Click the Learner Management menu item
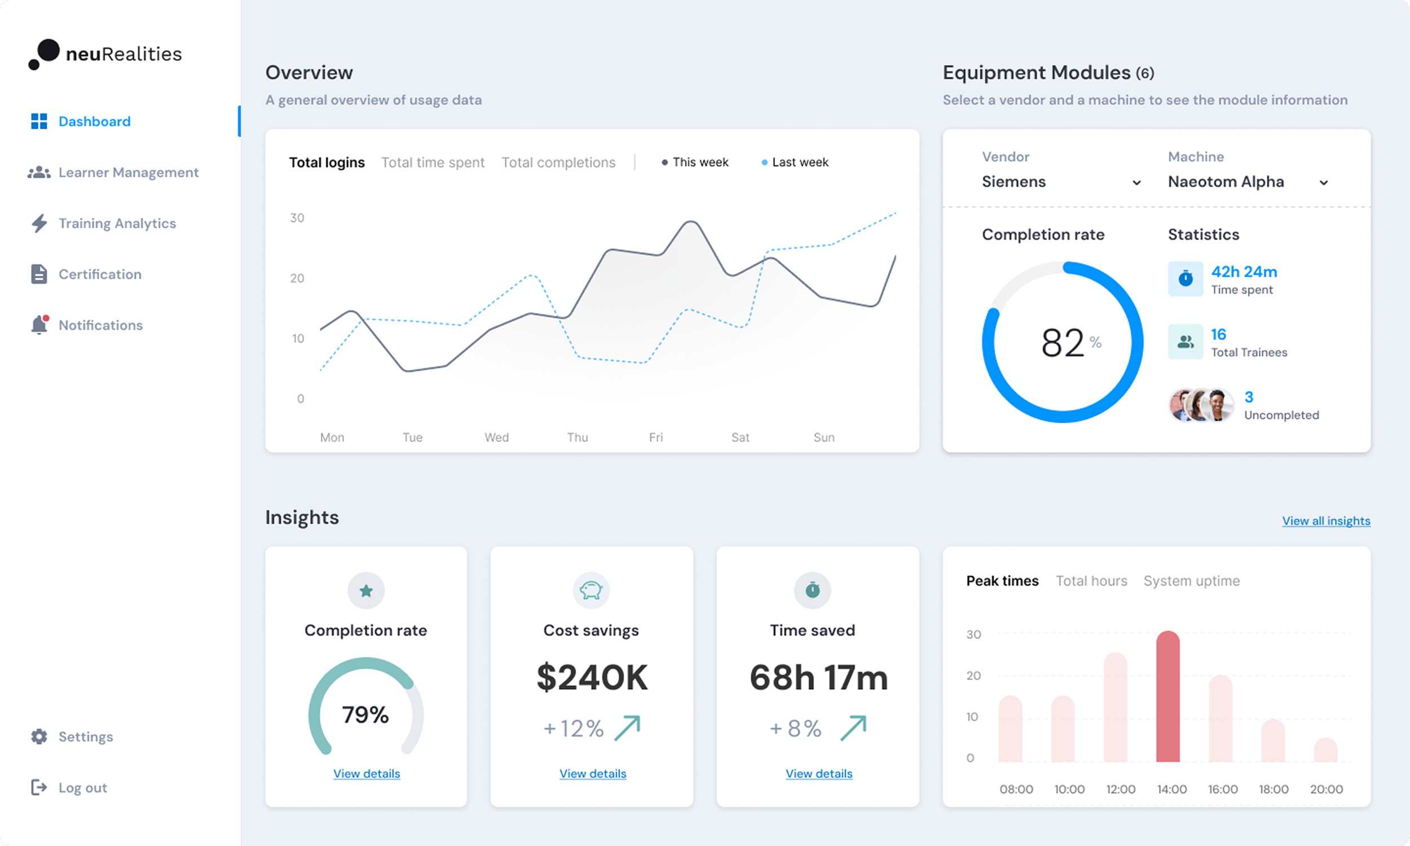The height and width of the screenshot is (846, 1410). [128, 172]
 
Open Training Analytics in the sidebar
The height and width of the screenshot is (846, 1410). [117, 223]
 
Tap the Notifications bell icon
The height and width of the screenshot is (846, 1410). [39, 325]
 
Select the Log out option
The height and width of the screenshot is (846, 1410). [82, 787]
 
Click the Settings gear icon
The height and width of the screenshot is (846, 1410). [39, 737]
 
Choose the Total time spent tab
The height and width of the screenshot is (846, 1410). [433, 163]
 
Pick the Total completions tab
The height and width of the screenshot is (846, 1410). [558, 163]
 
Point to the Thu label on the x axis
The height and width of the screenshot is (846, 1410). [577, 437]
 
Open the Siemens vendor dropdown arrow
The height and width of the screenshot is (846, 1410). [1136, 182]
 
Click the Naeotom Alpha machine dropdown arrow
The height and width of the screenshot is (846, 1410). [1323, 182]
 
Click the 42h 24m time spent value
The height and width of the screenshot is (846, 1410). [1244, 272]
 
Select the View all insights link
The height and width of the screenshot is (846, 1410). [1326, 520]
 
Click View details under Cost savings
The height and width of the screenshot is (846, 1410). [593, 774]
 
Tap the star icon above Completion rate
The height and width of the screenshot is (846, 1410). [366, 590]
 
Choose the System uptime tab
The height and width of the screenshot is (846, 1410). [1191, 581]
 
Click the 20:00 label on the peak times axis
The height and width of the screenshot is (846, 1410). [1326, 789]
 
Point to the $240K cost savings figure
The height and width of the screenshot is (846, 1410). [592, 677]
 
